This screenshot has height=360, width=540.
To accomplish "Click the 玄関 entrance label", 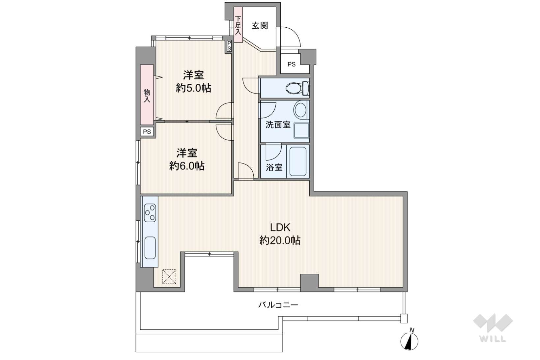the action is click(260, 26).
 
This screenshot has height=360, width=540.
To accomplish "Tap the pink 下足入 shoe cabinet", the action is click(238, 25).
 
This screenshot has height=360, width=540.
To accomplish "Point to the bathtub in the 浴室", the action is click(298, 161).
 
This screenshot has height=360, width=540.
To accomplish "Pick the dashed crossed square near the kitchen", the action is click(169, 276).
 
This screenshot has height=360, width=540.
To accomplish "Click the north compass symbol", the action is click(409, 340).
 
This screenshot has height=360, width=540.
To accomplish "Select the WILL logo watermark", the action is click(493, 328).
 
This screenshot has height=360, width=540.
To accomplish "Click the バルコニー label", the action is click(278, 305).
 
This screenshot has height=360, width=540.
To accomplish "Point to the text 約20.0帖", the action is click(280, 240).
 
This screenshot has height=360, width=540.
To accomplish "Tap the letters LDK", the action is click(280, 227).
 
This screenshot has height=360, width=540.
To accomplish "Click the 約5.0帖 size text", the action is click(194, 88).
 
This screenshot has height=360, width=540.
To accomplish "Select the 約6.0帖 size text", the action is click(187, 166).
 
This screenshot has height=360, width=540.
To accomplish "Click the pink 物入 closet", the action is click(147, 95).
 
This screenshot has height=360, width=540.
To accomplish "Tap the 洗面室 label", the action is click(278, 125).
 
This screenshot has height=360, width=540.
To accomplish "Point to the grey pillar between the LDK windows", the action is click(309, 281).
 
